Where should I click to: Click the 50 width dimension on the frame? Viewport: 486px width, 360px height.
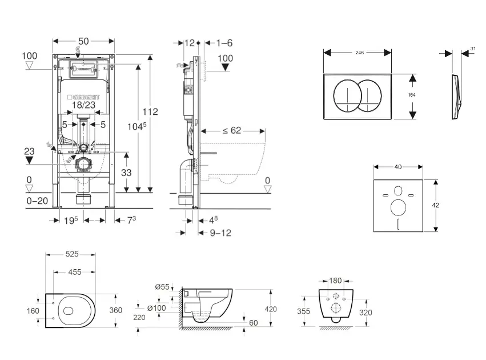[83, 42]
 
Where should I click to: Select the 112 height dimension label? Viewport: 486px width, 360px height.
[151, 111]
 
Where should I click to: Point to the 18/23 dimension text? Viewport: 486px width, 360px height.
[84, 106]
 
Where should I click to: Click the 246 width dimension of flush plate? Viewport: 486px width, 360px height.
[359, 53]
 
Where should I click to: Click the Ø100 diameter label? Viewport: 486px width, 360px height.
[156, 309]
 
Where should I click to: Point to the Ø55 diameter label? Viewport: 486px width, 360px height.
[162, 287]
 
